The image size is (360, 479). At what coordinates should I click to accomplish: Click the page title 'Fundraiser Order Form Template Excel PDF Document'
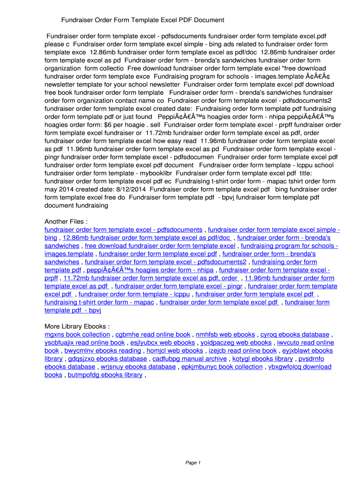pos(143,20)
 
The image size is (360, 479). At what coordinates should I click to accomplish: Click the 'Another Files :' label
pos(66,221)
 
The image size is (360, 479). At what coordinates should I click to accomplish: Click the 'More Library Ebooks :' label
pos(77,326)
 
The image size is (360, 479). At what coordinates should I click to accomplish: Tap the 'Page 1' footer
pos(193,463)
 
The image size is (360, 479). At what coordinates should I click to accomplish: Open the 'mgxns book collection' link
pos(77,334)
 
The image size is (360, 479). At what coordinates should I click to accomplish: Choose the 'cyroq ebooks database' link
pos(295,334)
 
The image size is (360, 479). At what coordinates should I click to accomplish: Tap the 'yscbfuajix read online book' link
pos(85,342)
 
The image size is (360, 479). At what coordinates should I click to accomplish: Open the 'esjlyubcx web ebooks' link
pos(163,342)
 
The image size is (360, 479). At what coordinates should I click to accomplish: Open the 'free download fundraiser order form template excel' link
pos(160,246)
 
